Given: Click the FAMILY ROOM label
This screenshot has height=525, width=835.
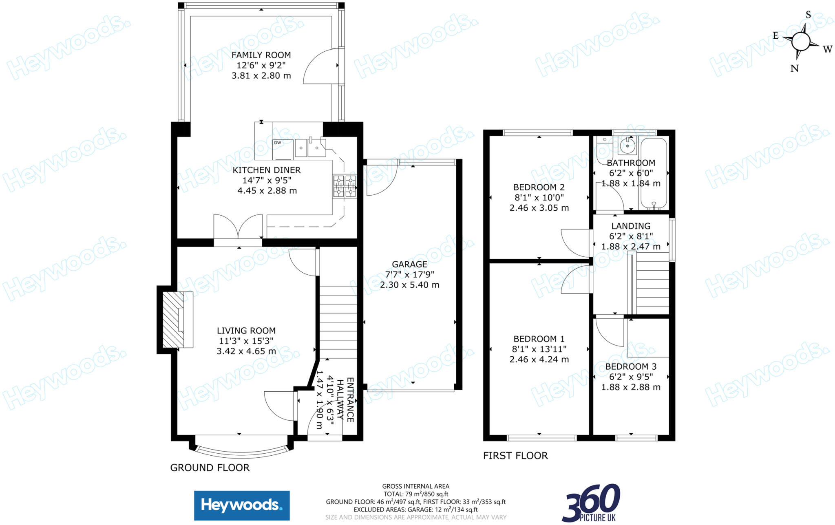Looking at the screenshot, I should tap(261, 55).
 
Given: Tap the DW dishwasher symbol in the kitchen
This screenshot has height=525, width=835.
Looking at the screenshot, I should tap(278, 143).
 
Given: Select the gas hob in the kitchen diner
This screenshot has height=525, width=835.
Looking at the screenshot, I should tap(345, 186).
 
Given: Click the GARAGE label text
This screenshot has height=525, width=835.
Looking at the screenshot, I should tap(409, 264).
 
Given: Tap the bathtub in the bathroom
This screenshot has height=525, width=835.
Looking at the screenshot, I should tap(654, 173).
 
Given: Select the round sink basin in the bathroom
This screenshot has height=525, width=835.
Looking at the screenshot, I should tap(627, 145).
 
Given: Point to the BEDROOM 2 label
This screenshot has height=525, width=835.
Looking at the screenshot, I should tap(539, 187).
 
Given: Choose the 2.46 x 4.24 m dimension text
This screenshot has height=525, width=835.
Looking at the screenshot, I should tap(539, 360).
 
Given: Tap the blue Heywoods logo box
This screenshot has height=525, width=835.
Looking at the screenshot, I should tap(242, 505).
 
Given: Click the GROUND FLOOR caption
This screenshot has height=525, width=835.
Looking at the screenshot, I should tap(210, 468).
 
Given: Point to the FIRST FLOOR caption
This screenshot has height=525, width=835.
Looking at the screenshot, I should tap(515, 456).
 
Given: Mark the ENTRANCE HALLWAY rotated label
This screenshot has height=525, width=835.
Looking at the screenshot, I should tap(350, 399).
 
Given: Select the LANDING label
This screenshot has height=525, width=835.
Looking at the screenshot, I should tap(631, 226).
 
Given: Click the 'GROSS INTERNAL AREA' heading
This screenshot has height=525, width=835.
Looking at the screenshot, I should tap(415, 486).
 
